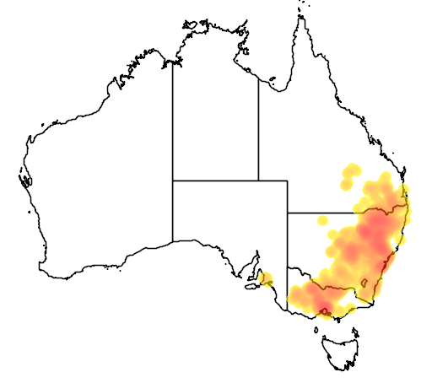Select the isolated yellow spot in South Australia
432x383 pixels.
click(267, 279)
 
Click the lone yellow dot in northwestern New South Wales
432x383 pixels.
click(321, 220)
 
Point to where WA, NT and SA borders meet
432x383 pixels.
click(173, 181)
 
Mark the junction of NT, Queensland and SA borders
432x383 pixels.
click(258, 181)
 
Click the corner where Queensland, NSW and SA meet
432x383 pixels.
click(288, 213)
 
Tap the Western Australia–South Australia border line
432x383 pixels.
click(173, 211)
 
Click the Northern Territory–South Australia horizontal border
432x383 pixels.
click(215, 181)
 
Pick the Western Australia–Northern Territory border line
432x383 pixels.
click(173, 118)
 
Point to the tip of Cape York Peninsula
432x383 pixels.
click(300, 16)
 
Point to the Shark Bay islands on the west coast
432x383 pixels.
click(25, 179)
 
